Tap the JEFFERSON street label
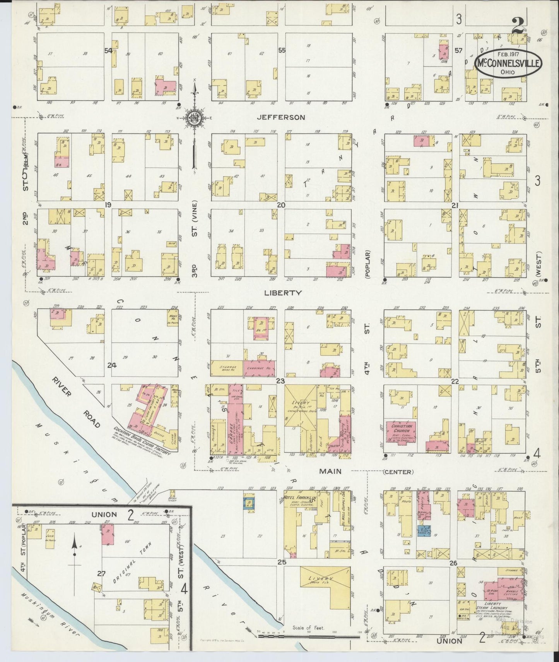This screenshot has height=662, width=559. (281, 117)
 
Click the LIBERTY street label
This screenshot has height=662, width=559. (283, 293)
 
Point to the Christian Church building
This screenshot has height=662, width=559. (400, 433)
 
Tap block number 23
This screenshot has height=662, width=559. (280, 381)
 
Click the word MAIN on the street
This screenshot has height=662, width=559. (330, 471)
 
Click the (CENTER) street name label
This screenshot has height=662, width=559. (398, 472)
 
